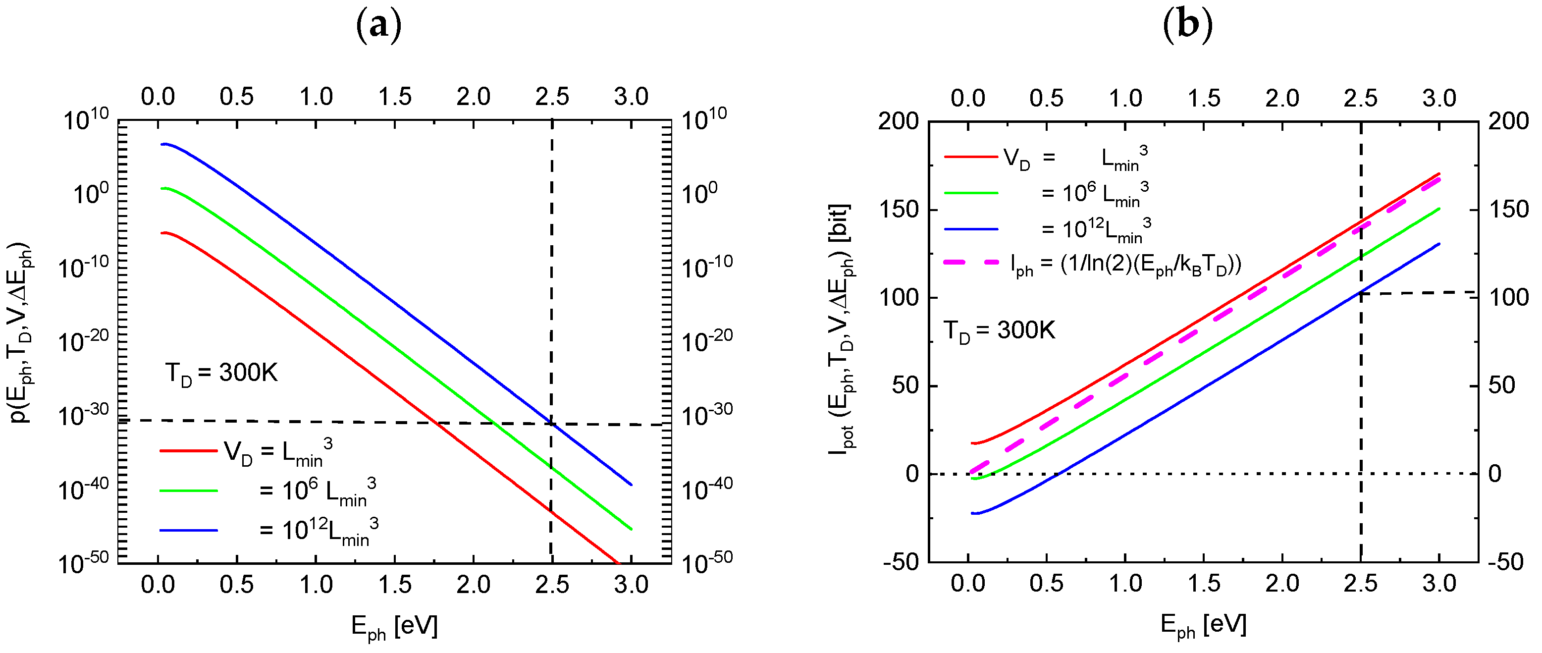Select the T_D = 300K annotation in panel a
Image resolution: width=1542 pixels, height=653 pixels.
(221, 374)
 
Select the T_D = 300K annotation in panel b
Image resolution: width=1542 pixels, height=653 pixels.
(999, 331)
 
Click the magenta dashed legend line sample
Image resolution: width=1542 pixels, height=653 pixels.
(971, 262)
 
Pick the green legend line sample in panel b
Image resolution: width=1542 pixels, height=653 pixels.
(971, 193)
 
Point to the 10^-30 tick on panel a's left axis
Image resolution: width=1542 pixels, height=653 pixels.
(84, 414)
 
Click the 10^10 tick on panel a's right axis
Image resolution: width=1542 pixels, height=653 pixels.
(704, 119)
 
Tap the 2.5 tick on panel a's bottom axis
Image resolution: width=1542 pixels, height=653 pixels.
(552, 585)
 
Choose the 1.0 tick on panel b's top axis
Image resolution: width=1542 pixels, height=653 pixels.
(1125, 98)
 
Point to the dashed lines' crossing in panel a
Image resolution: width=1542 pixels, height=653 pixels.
(551, 423)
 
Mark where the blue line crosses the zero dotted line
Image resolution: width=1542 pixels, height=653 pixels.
(1057, 474)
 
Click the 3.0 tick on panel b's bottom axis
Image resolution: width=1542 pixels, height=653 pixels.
(1439, 584)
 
